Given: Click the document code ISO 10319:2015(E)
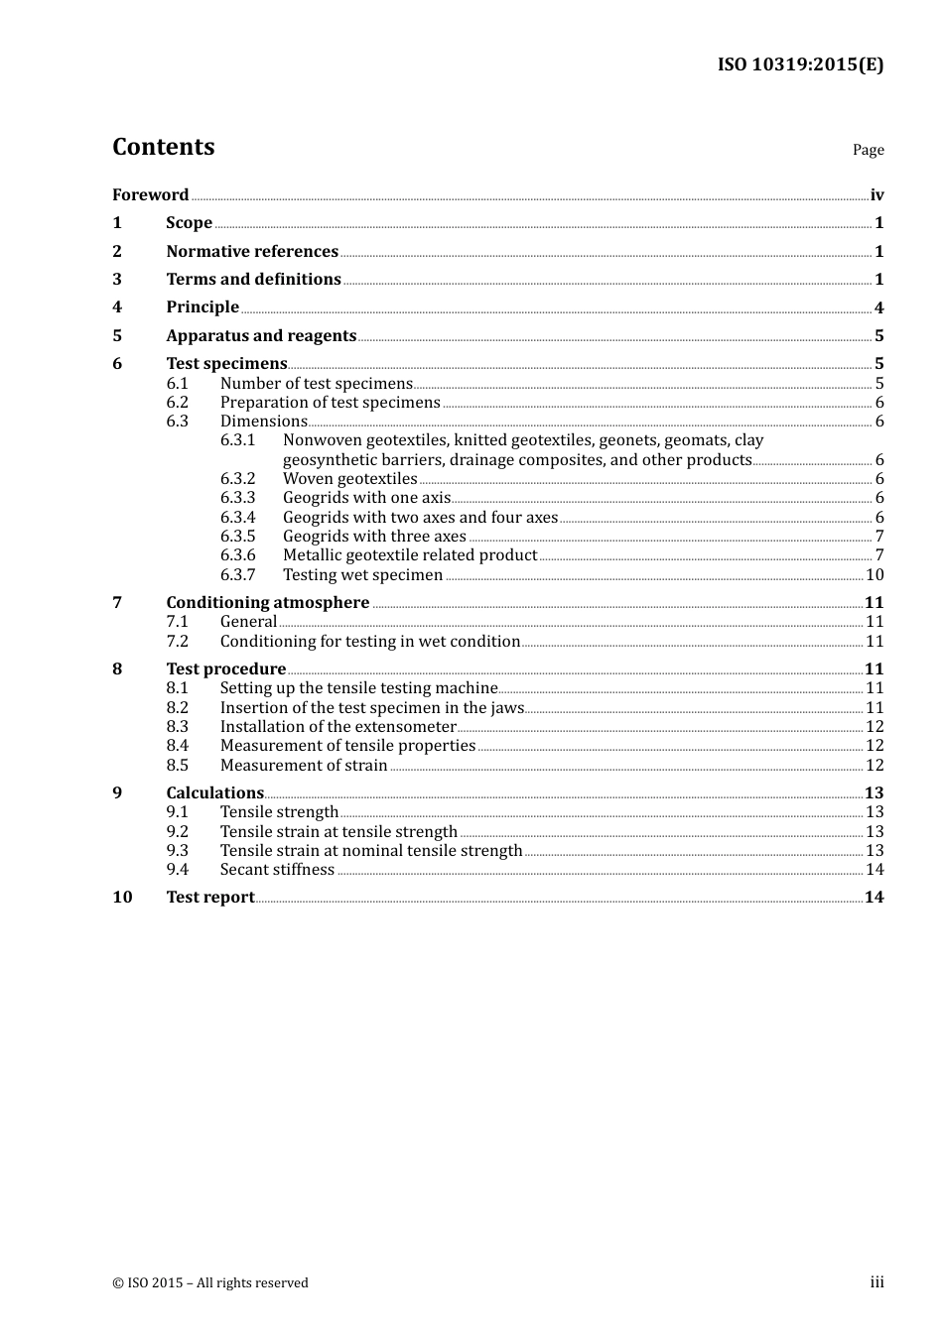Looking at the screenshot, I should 800,64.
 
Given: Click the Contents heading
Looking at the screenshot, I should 163,147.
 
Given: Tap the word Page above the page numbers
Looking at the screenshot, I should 868,150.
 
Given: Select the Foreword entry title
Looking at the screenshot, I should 150,194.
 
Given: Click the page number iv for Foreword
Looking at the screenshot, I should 876,195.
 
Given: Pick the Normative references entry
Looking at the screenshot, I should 252,251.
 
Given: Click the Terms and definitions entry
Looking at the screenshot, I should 253,279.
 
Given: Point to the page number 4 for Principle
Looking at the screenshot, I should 878,307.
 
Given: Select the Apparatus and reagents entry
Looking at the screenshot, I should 261,335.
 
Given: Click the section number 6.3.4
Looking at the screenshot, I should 237,517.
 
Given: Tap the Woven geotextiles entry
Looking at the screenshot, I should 349,478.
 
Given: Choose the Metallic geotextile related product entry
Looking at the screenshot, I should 409,555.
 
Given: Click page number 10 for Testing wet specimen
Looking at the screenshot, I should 875,574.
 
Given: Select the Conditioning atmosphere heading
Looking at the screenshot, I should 267,602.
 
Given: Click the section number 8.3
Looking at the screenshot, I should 177,726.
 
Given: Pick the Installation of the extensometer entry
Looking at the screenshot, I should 337,726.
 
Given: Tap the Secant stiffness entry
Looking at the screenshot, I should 277,869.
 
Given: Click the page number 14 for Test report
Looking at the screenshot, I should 874,897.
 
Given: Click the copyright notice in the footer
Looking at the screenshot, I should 210,1282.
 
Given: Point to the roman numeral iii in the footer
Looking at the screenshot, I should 876,1282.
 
